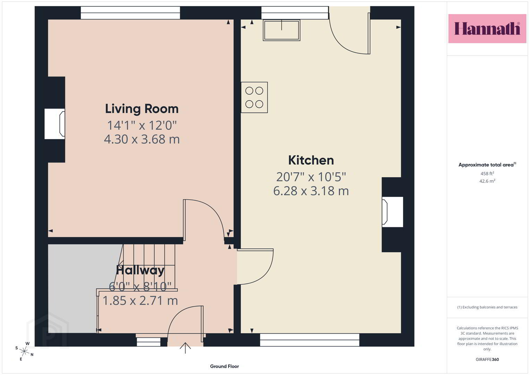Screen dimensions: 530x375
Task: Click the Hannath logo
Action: pos(487,28)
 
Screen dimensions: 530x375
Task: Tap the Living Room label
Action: pos(142,109)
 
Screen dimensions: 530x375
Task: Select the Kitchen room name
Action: pos(311,160)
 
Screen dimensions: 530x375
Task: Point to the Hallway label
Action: pos(140,270)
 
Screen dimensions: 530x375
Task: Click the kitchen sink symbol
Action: pos(281,30)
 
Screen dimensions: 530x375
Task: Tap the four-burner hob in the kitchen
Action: pos(254,97)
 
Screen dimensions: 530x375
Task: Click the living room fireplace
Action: pos(55,124)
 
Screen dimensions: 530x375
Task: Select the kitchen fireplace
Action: pos(392,212)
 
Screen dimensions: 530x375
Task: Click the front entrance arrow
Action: pos(185,348)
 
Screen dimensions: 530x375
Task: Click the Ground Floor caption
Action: pos(225,366)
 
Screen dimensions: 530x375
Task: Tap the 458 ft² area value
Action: pos(487,174)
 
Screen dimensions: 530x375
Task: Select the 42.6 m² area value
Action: pos(487,181)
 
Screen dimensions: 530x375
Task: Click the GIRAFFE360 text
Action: pos(487,359)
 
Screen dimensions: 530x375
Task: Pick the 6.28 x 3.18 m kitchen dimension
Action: pos(311,191)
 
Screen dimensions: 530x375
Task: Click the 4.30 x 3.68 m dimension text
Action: pos(142,139)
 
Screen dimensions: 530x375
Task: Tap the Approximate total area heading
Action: pos(487,165)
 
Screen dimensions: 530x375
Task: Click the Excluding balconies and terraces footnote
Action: pos(487,307)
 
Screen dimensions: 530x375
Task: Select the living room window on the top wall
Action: pos(131,13)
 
